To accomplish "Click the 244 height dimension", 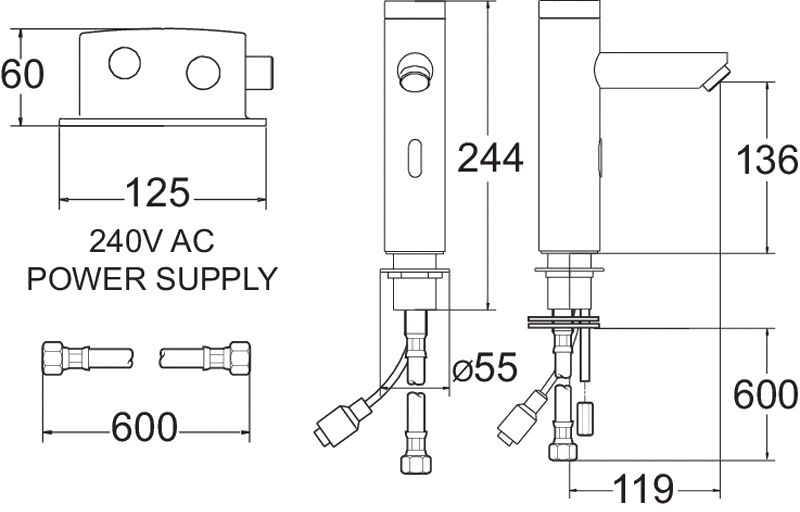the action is click(490, 158).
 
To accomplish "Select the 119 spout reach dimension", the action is click(643, 489).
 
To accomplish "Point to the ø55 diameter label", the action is click(485, 368).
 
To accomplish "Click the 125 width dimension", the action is click(158, 193).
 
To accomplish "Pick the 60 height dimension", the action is click(22, 74).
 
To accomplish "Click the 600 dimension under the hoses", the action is click(145, 427).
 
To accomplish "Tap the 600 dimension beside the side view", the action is click(766, 394).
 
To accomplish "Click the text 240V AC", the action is click(152, 241).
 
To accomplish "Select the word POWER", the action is click(86, 279).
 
